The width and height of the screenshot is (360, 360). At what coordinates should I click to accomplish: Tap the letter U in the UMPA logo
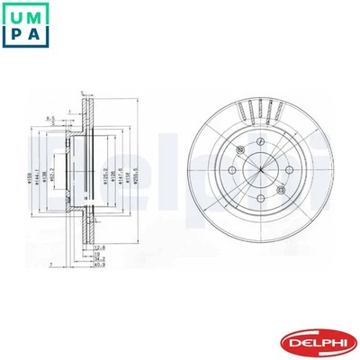[x=16, y=15]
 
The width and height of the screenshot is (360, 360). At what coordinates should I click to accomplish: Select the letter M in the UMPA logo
[x=37, y=15]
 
